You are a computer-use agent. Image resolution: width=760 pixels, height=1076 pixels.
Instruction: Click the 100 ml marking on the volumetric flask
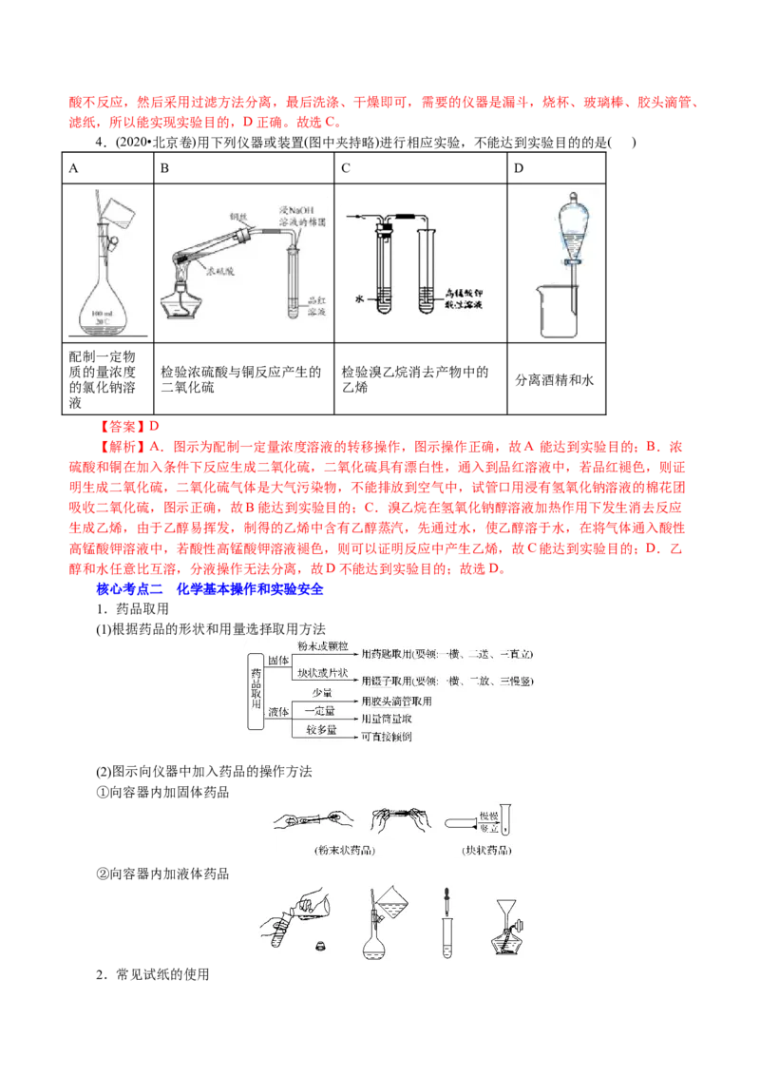pos(105,312)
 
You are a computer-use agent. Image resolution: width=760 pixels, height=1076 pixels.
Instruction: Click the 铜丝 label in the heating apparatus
pos(237,218)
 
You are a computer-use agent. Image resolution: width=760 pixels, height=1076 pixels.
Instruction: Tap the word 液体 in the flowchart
pos(278,712)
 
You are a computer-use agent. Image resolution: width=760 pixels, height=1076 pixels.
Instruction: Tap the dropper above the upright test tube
pos(445,903)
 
